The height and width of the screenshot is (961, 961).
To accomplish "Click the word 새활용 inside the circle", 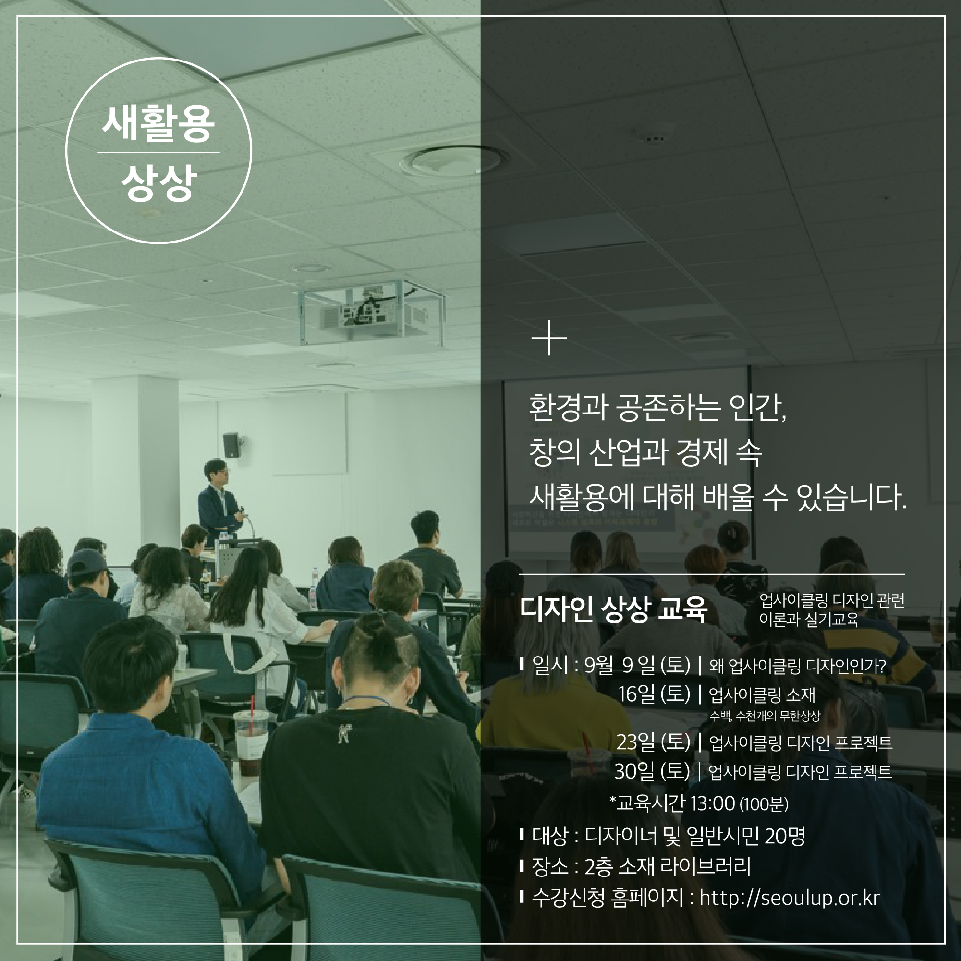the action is click(158, 124).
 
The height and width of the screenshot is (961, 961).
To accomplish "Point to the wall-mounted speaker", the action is click(231, 445).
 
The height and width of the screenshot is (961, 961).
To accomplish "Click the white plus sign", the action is click(548, 338).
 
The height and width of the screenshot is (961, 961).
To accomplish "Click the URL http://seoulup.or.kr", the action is click(790, 898).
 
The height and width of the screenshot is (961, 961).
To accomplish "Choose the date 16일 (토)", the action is click(654, 694).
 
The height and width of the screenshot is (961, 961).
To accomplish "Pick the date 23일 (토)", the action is click(653, 742).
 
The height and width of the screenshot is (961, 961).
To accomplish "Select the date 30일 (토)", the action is click(652, 771).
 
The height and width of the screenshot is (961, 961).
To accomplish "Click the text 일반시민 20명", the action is click(745, 836).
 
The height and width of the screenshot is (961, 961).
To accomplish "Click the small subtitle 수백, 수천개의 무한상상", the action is click(765, 716).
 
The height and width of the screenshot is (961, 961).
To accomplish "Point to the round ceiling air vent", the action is click(456, 160).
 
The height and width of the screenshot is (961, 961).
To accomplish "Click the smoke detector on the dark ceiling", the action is click(655, 138).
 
